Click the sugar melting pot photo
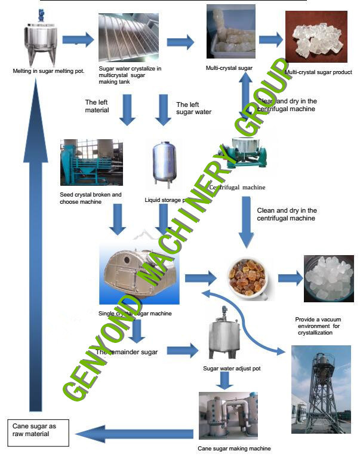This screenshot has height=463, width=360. pyautogui.click(x=42, y=39)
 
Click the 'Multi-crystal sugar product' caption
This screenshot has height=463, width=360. pyautogui.click(x=318, y=73)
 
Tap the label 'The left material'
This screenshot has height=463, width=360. pyautogui.click(x=97, y=106)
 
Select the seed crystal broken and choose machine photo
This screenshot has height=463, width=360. pyautogui.click(x=91, y=163)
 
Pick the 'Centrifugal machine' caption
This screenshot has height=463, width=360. pyautogui.click(x=237, y=187)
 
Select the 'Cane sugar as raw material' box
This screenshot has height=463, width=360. pyautogui.click(x=38, y=430)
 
